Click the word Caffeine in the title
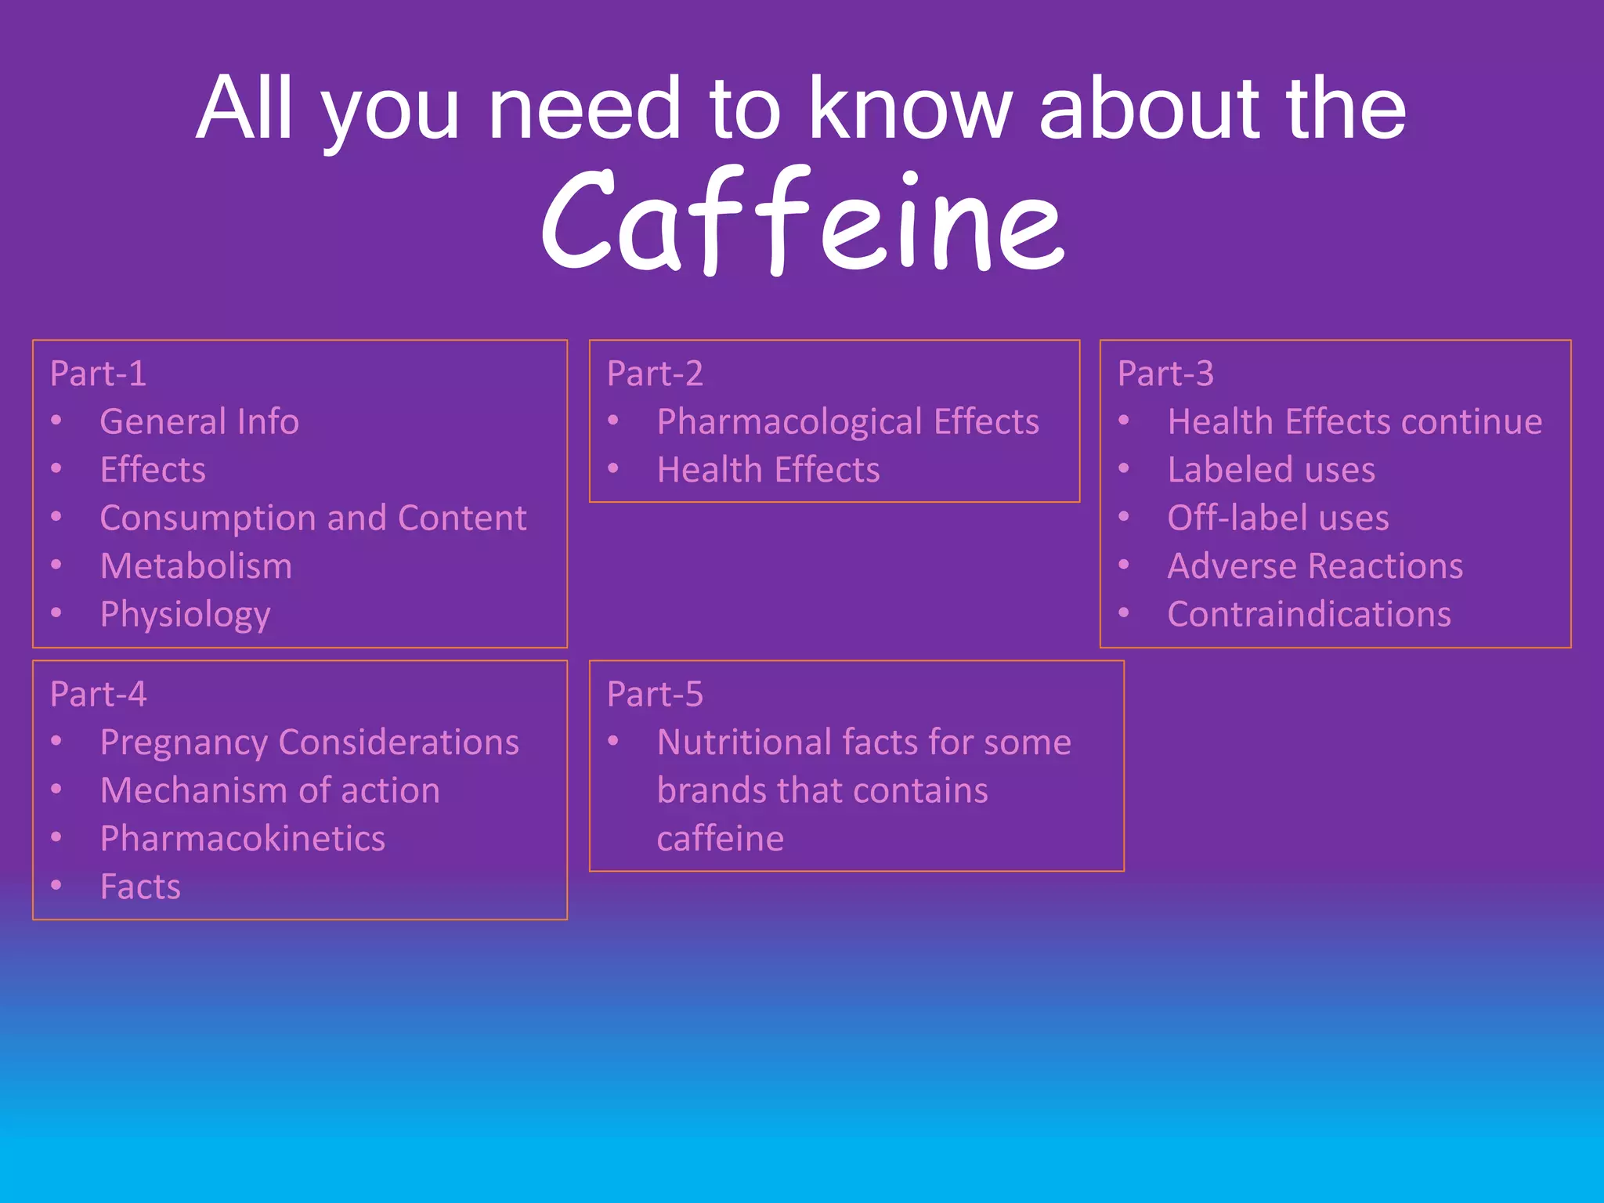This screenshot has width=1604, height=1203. coord(802,222)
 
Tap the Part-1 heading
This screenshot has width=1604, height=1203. coord(98,374)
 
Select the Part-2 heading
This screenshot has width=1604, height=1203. coord(655,374)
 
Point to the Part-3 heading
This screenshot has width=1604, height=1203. coord(1165,374)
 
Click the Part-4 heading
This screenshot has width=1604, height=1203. coord(98,694)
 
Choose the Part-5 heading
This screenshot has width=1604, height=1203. coord(655,694)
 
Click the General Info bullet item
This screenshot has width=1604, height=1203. coord(199,421)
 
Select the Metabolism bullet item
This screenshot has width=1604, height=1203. coord(196,566)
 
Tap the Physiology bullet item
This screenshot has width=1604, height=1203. coord(185,615)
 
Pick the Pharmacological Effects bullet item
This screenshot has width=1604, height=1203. coord(847,422)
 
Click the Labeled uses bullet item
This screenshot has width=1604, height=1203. coord(1270,470)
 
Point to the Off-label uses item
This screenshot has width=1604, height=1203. coord(1277,518)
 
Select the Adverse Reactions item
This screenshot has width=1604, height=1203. coord(1314,566)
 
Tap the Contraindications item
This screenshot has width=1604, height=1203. coord(1309,615)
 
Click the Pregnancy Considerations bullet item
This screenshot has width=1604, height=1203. coord(309,742)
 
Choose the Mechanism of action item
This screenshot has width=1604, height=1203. coord(269,790)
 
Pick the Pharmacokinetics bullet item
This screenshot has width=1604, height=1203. coord(242,839)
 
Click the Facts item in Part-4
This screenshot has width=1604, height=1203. coord(140,887)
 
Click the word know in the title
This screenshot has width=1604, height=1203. coord(910,109)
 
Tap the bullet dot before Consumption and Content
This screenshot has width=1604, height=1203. coord(56,517)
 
